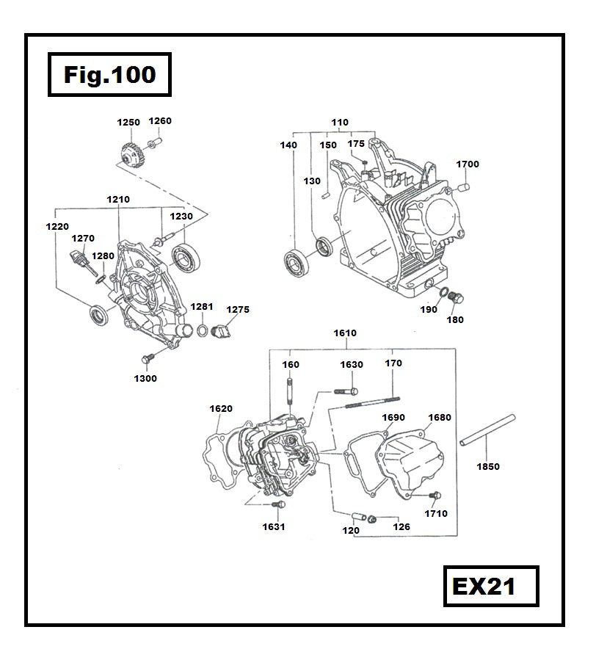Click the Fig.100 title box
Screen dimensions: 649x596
(109, 74)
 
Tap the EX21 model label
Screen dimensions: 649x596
(490, 586)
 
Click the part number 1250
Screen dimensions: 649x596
(128, 123)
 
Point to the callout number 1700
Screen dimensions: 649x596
(467, 164)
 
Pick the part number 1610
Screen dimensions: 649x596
(345, 333)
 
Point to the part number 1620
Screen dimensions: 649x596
(221, 409)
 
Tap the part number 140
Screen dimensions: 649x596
(288, 145)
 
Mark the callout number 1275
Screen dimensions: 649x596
(237, 310)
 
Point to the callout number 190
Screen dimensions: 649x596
(428, 311)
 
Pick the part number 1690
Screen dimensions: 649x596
(393, 418)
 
